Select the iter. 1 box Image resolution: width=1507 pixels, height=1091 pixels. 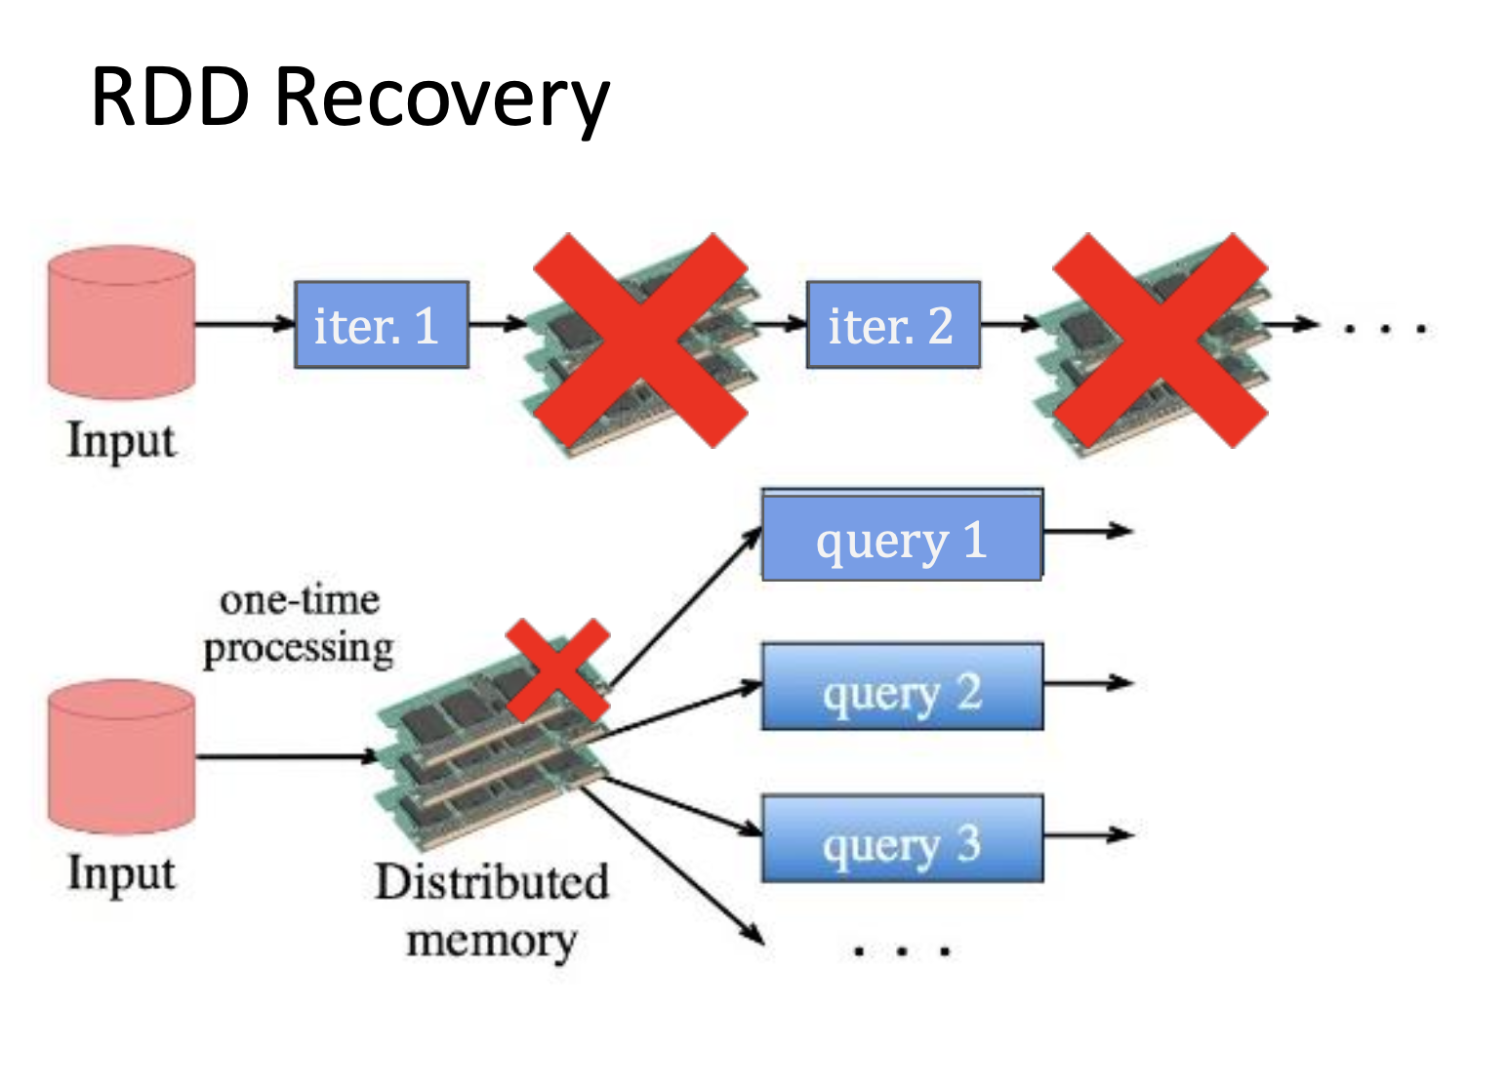tap(382, 325)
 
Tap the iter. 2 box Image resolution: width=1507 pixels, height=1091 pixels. tap(892, 325)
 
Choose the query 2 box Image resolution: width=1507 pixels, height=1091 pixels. tap(902, 687)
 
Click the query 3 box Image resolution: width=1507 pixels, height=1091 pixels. tap(902, 839)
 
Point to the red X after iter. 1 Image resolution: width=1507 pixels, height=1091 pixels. tap(640, 340)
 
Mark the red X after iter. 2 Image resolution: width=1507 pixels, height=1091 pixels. tap(1160, 340)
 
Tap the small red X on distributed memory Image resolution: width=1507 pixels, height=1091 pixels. tap(557, 669)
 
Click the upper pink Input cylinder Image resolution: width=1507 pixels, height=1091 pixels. tap(122, 322)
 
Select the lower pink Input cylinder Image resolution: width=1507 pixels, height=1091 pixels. tap(122, 756)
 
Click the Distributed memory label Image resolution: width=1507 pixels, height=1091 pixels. tap(491, 909)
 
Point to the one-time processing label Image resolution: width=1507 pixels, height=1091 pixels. tap(299, 625)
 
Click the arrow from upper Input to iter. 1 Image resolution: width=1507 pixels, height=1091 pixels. tap(244, 324)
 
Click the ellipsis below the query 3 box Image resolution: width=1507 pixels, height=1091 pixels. tap(902, 950)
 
